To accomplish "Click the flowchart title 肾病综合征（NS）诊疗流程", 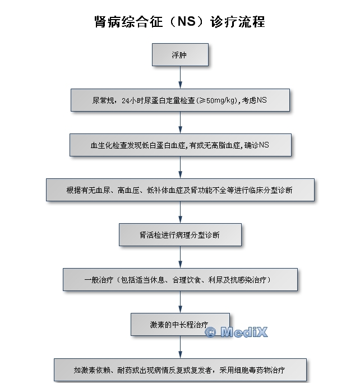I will coord(179,22).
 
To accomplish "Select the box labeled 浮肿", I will coord(180,55).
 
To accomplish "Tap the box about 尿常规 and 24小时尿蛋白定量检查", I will coord(180,100).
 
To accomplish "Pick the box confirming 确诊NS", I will coord(180,145).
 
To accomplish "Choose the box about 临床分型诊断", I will coord(180,190).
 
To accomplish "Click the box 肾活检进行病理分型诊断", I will coord(180,235).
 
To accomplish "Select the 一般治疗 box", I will coord(180,279).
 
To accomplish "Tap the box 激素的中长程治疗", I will coord(180,324).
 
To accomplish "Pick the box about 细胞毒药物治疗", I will coord(180,370).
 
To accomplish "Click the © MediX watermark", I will coord(236,332).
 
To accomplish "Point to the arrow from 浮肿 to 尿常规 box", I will coord(180,77).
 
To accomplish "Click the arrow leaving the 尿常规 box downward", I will coord(180,122).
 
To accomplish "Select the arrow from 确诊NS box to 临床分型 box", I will coord(180,167).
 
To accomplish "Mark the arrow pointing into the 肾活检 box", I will coord(180,213).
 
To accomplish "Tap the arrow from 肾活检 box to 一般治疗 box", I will coord(180,257).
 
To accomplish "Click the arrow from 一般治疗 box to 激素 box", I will coord(180,302).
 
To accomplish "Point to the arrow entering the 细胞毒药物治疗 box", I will coord(180,347).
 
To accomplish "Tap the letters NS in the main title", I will coord(186,22).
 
